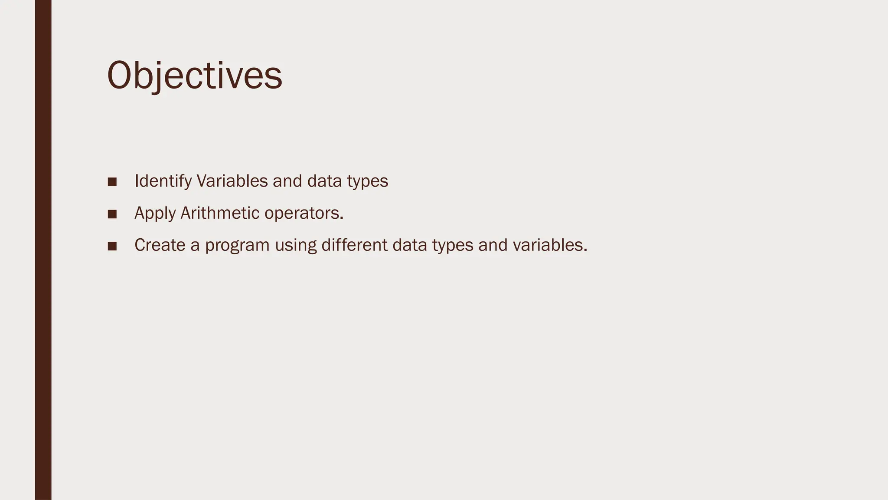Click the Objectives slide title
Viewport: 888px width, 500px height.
coord(195,75)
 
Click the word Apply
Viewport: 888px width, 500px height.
coord(155,214)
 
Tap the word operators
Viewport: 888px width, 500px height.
coord(304,214)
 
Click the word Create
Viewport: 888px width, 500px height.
coord(160,245)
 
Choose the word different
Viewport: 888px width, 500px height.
coord(354,245)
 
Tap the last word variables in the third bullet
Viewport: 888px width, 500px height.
coord(549,245)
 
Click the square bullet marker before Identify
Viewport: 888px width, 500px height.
coord(112,182)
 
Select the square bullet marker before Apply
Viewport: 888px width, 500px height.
coord(112,214)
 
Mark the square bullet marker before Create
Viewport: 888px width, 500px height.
coord(112,246)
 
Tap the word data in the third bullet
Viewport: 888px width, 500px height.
coord(409,245)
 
